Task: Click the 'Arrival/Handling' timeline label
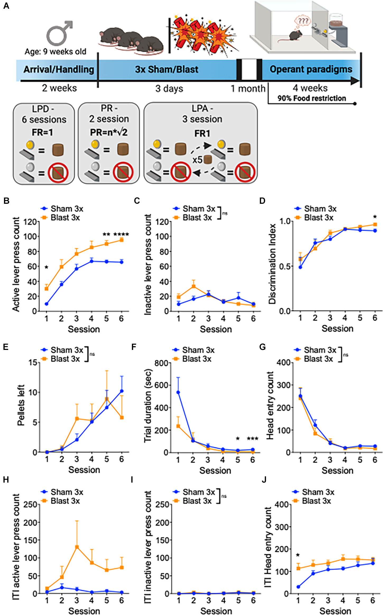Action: [x=59, y=70]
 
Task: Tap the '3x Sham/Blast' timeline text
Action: [x=167, y=70]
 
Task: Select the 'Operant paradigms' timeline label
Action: [x=311, y=69]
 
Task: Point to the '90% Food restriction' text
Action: [x=312, y=98]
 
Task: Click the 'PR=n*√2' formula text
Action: [x=109, y=132]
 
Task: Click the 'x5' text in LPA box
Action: [x=197, y=160]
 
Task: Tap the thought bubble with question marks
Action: [x=303, y=21]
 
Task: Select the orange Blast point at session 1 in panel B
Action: [x=47, y=289]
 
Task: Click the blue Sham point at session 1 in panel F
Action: [x=178, y=392]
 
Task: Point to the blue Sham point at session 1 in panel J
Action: [x=298, y=587]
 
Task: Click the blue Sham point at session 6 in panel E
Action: [x=122, y=391]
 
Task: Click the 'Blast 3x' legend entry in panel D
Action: [x=319, y=218]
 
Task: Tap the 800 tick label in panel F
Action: [x=161, y=363]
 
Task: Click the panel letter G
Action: [x=262, y=347]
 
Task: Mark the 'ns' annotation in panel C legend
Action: [x=225, y=213]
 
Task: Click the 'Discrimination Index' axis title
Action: [x=272, y=264]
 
